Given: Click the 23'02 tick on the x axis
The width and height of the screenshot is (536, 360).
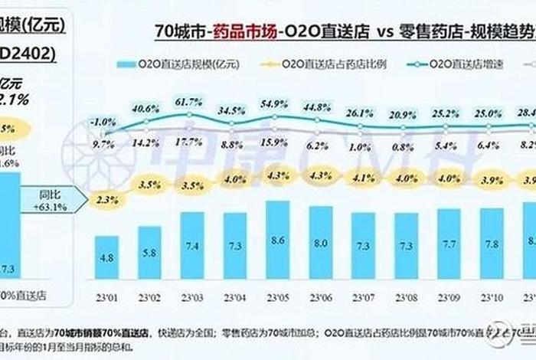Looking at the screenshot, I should coord(150,298).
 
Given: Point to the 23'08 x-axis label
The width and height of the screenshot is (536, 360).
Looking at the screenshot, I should coord(408,298).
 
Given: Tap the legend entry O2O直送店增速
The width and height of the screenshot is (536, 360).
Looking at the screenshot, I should coord(447,67).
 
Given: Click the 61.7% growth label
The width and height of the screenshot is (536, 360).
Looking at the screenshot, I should coord(188,102).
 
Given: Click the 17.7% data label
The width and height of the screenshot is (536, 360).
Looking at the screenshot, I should coord(188,142).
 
